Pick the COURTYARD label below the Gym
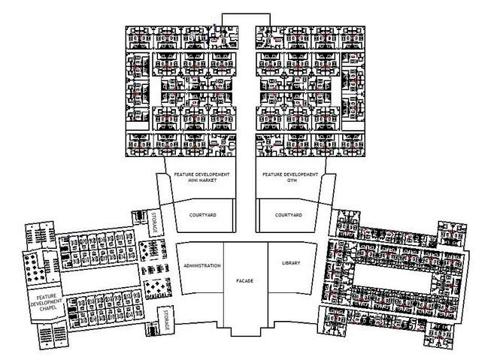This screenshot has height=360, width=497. (288, 216)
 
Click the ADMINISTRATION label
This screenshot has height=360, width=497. (202, 266)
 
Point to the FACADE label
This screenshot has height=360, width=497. (244, 280)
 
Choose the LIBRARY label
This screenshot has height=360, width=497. (291, 263)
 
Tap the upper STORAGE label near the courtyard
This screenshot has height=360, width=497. (154, 223)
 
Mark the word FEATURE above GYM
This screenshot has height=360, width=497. (272, 175)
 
